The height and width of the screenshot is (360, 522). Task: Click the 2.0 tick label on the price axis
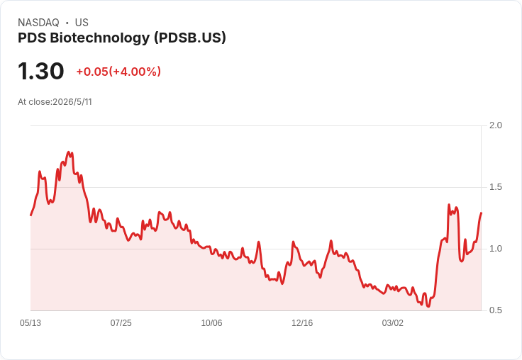click(495, 125)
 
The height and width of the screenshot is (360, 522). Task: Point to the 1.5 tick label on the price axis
click(495, 187)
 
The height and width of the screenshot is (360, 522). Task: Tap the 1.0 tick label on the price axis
click(495, 249)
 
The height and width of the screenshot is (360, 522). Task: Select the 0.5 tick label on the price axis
click(495, 310)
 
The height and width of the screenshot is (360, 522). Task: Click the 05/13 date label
click(30, 322)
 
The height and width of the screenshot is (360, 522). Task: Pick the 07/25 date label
click(121, 322)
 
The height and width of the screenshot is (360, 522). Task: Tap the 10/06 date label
click(211, 322)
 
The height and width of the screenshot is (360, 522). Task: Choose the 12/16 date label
click(302, 322)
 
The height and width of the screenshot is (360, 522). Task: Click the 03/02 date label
click(392, 322)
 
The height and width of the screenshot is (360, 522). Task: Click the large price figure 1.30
click(40, 71)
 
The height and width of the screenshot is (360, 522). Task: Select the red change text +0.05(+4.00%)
click(118, 72)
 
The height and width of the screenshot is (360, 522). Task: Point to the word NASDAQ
click(38, 23)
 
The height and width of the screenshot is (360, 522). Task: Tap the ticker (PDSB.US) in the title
click(190, 38)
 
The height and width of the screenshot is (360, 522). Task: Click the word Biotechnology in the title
click(100, 38)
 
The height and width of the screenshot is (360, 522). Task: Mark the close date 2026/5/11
click(72, 102)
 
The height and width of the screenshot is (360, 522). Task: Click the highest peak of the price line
click(69, 152)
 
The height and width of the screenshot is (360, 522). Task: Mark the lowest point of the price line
click(428, 306)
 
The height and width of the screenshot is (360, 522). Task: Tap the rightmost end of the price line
click(481, 213)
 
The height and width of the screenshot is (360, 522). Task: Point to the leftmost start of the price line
click(31, 215)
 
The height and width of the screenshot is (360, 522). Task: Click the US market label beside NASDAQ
click(82, 23)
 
